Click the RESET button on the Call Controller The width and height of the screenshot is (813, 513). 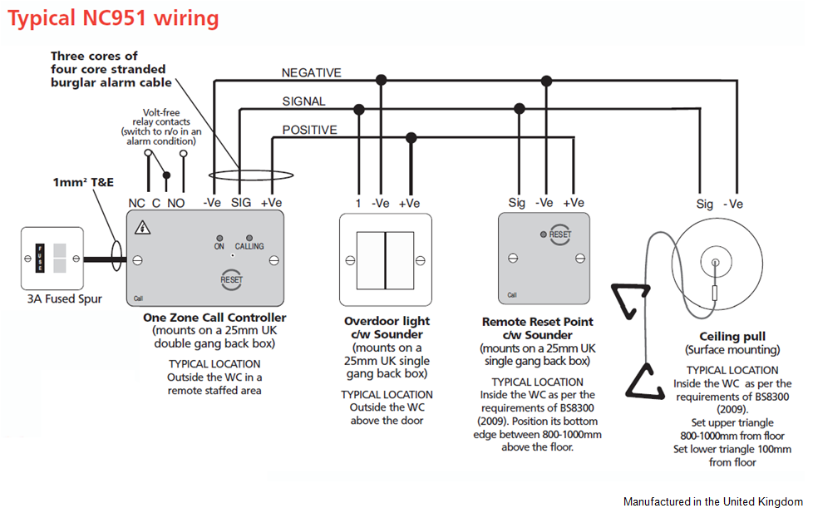click(231, 279)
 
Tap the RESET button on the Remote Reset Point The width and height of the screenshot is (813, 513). click(559, 234)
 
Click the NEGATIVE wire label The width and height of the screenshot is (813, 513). click(311, 73)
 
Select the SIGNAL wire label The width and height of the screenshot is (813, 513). click(303, 101)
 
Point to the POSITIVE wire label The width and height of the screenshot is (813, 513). click(309, 130)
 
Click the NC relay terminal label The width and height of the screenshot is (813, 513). click(136, 202)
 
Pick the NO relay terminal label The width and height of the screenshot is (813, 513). click(176, 202)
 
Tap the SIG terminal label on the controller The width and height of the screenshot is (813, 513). click(240, 202)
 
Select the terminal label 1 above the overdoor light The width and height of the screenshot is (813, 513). click(358, 203)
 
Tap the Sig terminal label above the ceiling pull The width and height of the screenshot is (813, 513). click(705, 204)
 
